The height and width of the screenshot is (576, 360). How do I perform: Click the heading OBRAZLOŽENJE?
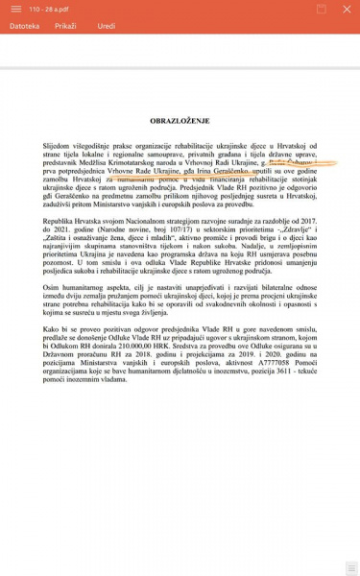pos(180,123)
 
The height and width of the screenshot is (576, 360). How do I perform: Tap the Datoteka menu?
pos(25,26)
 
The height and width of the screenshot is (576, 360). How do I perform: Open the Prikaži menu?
pos(65,26)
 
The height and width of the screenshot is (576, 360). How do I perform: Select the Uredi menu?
pos(106,26)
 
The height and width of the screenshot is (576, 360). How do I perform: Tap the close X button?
pos(348,9)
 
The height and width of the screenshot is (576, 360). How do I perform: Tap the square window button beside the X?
pos(321,9)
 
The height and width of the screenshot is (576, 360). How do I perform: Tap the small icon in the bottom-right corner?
pos(350,568)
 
